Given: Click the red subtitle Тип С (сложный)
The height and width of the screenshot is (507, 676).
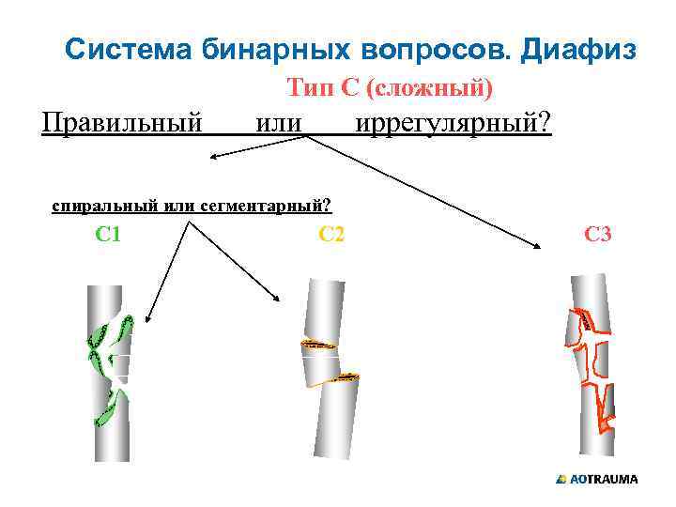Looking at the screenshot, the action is coord(390,89).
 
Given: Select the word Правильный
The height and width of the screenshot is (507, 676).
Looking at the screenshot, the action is coord(123,122).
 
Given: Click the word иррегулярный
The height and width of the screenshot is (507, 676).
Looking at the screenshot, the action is coord(453,122).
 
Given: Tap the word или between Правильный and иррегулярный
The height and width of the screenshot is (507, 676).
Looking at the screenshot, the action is coord(279,122).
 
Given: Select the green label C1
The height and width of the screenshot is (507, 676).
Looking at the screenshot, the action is coord(108,234).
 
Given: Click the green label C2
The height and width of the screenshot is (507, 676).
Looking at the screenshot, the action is coord(331,234).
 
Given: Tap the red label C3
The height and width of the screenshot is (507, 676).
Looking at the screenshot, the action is coord(598,234).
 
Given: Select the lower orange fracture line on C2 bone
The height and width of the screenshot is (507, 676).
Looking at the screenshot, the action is coord(335,376).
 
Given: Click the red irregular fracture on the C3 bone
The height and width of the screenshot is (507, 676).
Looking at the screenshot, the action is coord(591,366).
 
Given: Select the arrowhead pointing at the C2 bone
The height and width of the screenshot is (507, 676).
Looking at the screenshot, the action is coord(278,299).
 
